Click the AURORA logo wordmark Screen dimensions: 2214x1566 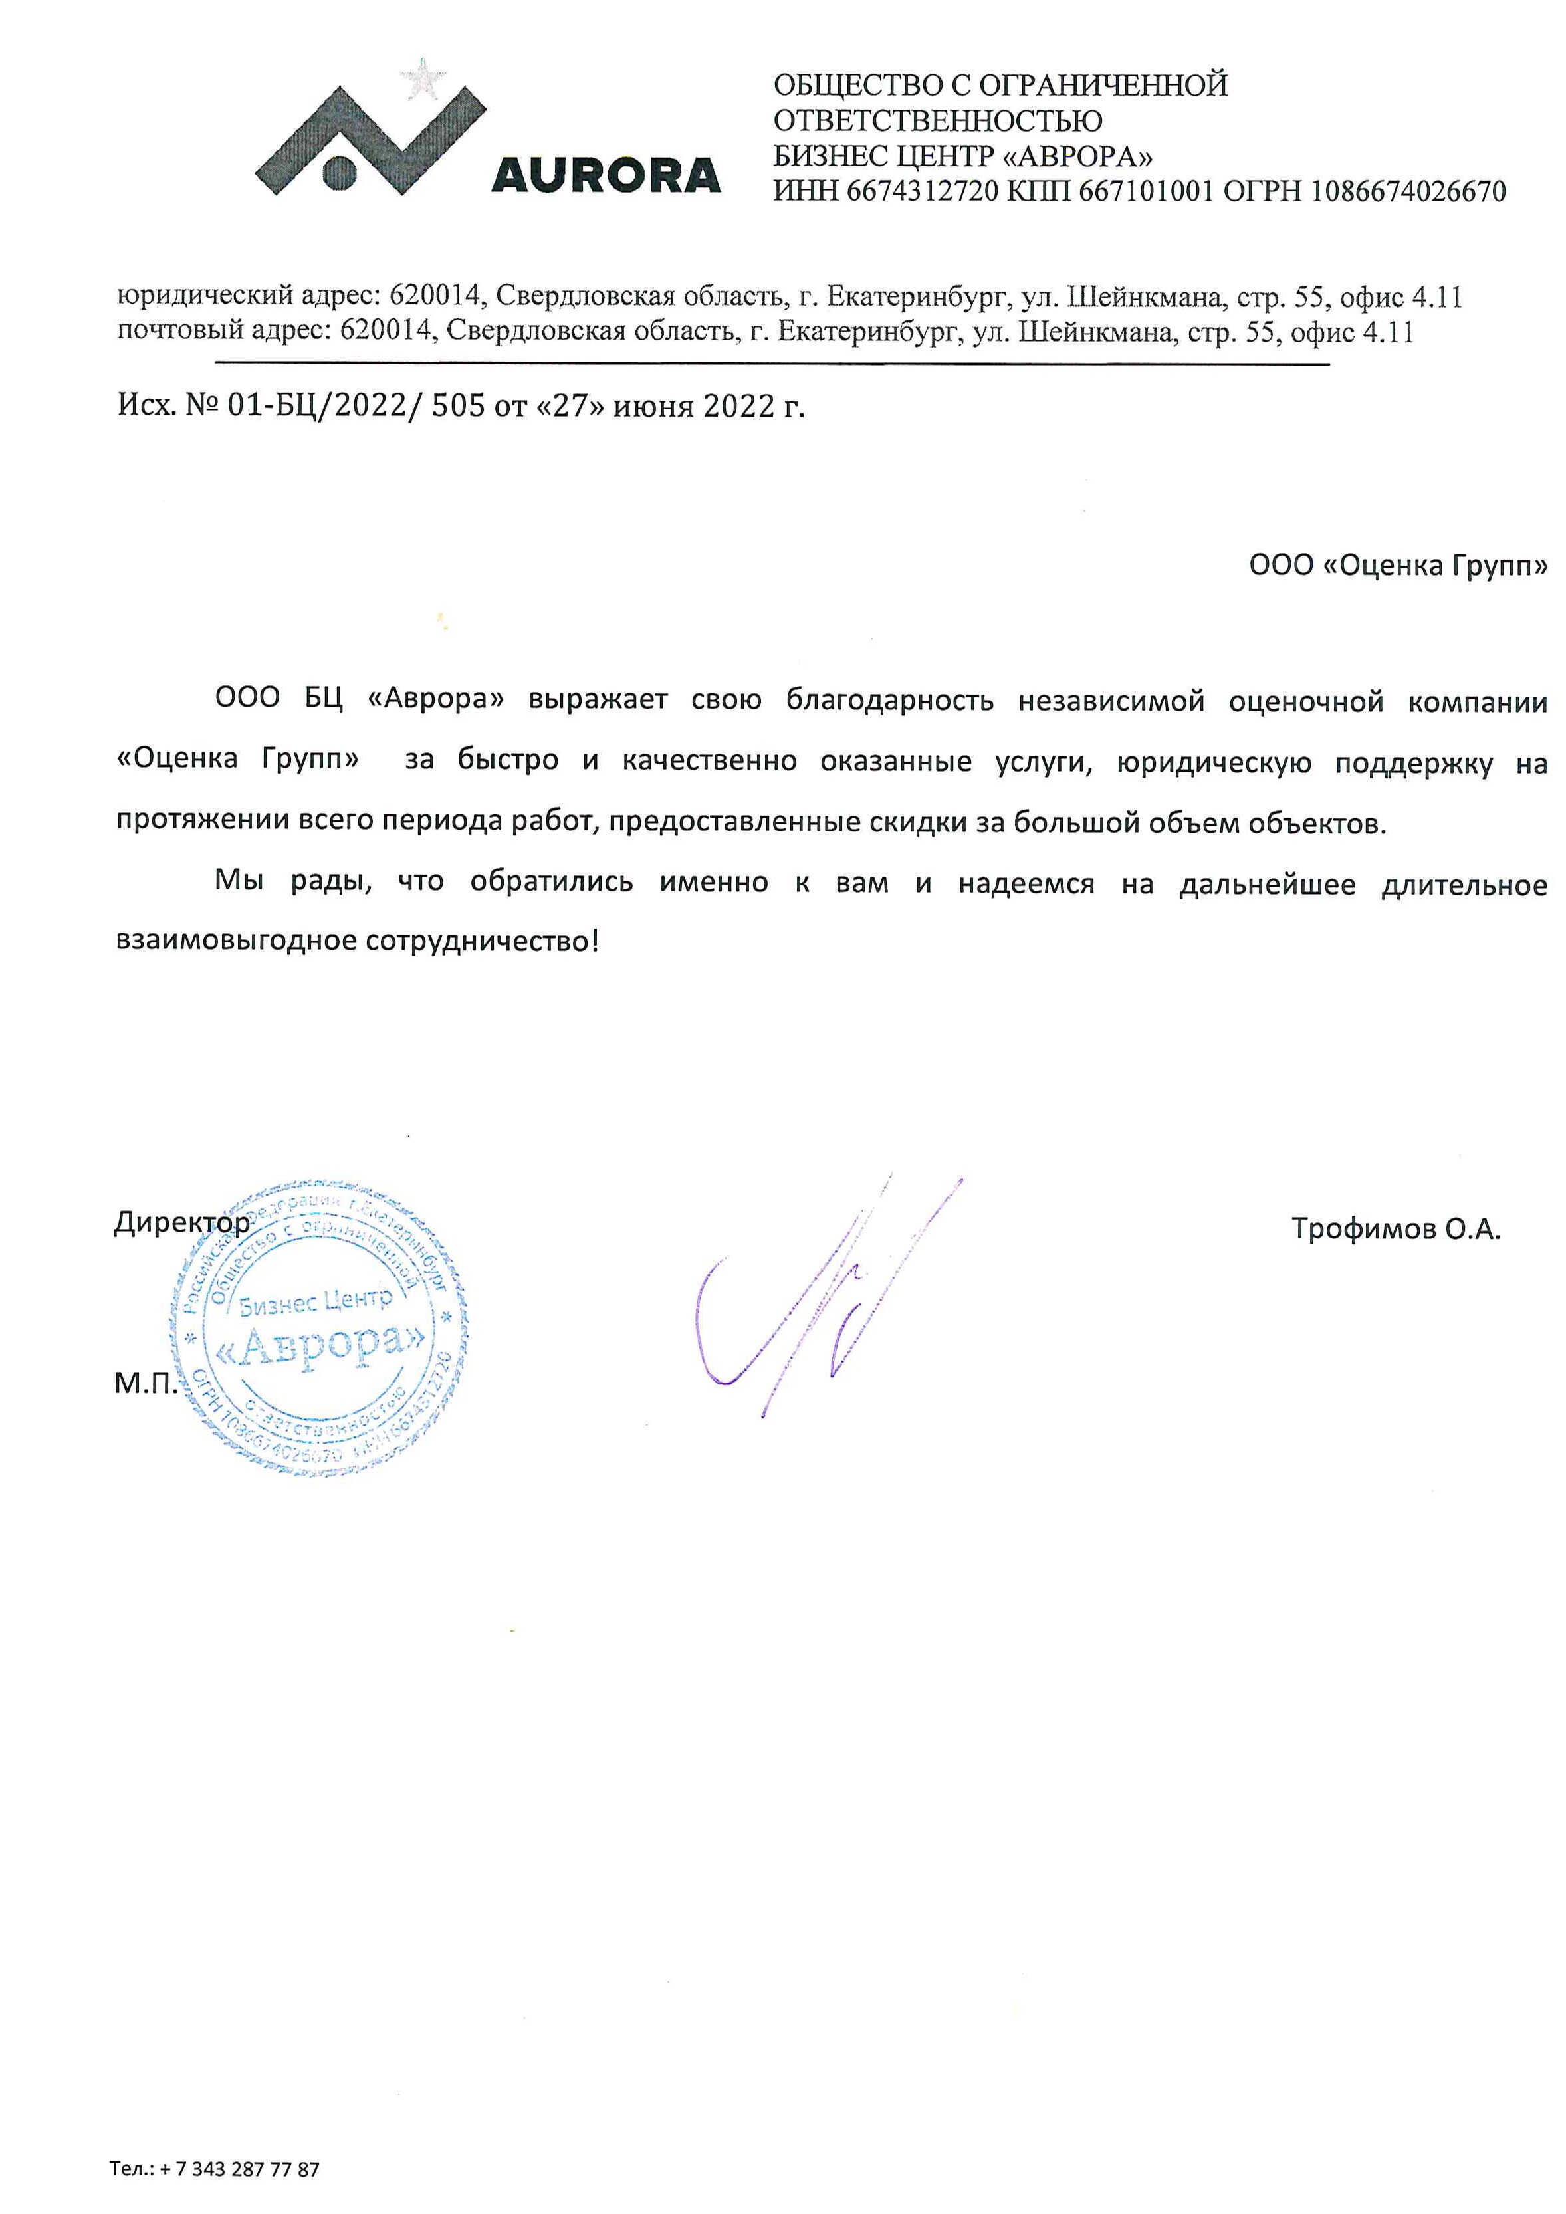[x=606, y=175]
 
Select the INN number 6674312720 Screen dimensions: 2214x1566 [x=922, y=192]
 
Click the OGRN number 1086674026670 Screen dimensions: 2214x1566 [x=1407, y=192]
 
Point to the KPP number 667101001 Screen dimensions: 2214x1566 [x=1145, y=192]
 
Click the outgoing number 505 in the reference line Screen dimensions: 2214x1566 [x=458, y=406]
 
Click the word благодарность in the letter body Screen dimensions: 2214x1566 [x=889, y=699]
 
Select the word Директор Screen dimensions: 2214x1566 [x=181, y=1223]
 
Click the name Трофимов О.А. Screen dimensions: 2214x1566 [x=1395, y=1228]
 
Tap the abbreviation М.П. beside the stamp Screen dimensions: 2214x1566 [x=146, y=1384]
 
